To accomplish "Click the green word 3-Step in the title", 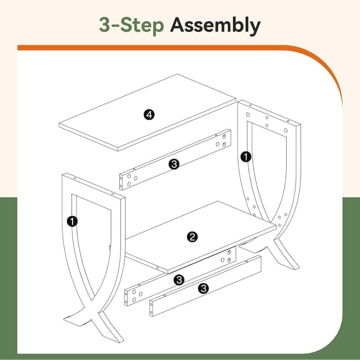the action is tap(131, 25).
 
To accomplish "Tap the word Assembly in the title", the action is tap(215, 26).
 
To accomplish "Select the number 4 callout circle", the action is tap(149, 115).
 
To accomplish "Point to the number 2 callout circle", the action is tap(192, 237).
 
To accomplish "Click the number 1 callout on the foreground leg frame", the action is tap(72, 221).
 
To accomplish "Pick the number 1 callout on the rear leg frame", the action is tap(246, 157).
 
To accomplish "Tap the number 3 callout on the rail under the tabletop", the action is tap(174, 164).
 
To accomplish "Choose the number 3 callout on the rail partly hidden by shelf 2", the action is tap(179, 280).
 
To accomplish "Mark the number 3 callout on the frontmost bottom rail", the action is tap(204, 288).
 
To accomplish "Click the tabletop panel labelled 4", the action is tap(148, 112).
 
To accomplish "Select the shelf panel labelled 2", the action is tap(200, 237).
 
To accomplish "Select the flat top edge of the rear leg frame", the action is tap(269, 112).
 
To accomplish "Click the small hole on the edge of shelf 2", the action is tap(157, 268).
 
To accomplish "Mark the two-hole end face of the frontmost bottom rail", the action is tap(151, 308).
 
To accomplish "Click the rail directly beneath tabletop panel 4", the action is tap(175, 160).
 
